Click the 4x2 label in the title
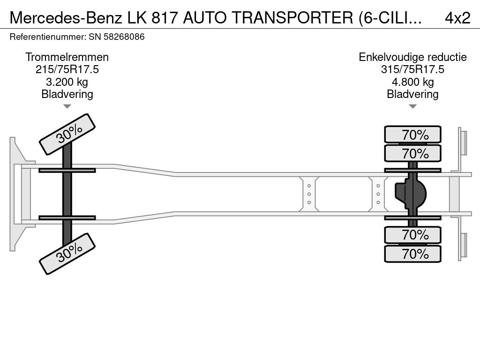pyautogui.click(x=457, y=18)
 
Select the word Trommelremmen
pyautogui.click(x=67, y=57)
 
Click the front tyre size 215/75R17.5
pyautogui.click(x=67, y=69)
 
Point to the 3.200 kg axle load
pyautogui.click(x=67, y=82)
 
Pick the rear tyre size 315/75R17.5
pyautogui.click(x=412, y=69)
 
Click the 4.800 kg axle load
pyautogui.click(x=412, y=82)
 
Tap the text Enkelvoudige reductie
pyautogui.click(x=412, y=57)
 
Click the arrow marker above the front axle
pyautogui.click(x=67, y=106)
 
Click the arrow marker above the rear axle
pyautogui.click(x=412, y=106)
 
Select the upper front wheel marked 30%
pyautogui.click(x=67, y=134)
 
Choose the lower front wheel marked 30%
pyautogui.click(x=67, y=255)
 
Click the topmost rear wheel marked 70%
pyautogui.click(x=412, y=135)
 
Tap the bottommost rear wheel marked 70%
pyautogui.click(x=412, y=254)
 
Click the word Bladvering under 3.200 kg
pyautogui.click(x=67, y=94)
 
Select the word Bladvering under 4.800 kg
pyautogui.click(x=412, y=94)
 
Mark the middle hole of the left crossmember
pyautogui.click(x=309, y=194)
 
